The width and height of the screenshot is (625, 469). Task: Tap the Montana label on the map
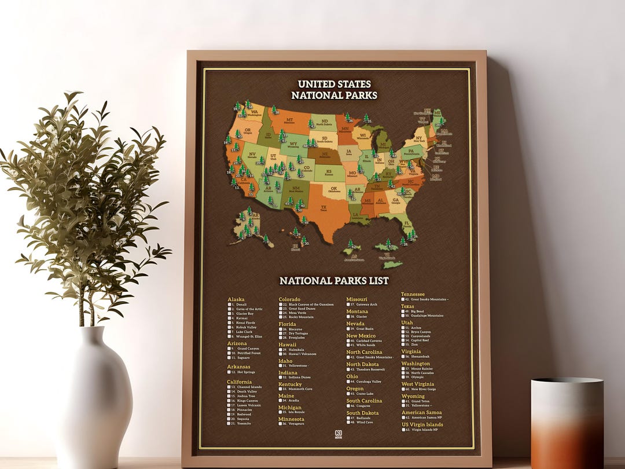(x=289, y=120)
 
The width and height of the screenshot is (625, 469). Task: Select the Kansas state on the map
(x=329, y=172)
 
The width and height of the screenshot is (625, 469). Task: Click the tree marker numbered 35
(x=366, y=119)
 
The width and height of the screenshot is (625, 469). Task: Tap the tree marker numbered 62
(x=350, y=245)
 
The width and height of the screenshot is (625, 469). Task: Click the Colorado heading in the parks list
(x=289, y=299)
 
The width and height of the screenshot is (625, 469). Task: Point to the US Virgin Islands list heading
(x=422, y=424)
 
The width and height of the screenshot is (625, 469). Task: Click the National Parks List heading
(x=334, y=281)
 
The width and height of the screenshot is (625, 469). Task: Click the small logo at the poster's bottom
(x=339, y=434)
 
